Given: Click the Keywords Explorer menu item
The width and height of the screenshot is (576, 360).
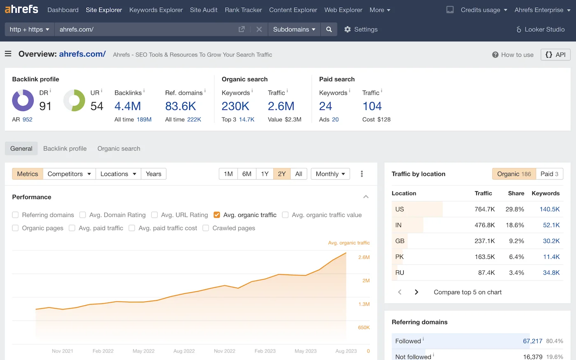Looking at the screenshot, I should (x=156, y=10).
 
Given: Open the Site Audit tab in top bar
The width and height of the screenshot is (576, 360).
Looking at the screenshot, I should (x=204, y=10).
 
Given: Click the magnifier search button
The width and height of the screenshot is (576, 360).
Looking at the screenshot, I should (x=329, y=29).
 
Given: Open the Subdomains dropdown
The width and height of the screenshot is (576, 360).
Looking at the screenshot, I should (x=294, y=29).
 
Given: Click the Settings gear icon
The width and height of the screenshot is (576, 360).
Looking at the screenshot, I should (x=348, y=29).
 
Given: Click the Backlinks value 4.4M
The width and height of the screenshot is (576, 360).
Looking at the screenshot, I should (x=128, y=106).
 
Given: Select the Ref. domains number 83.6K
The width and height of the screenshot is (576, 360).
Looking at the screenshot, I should (x=180, y=106).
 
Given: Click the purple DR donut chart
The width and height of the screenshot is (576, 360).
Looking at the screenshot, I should (x=23, y=101).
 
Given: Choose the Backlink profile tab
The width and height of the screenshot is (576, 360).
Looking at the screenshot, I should (x=65, y=149).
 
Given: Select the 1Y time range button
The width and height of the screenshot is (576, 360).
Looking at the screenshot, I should (x=265, y=174).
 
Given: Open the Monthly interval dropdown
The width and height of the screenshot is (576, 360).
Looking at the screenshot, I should (x=330, y=174).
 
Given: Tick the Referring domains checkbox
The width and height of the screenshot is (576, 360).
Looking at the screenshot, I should (x=15, y=215).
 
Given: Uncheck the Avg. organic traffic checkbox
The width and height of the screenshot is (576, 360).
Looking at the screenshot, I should (x=217, y=215).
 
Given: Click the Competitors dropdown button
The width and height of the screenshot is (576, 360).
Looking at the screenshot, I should (x=69, y=174).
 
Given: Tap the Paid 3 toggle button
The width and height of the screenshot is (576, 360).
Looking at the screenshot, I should (x=549, y=174).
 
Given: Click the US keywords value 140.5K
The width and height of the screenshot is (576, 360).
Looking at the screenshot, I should (x=549, y=209).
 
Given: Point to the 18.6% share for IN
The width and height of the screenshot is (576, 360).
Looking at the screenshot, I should (x=515, y=225).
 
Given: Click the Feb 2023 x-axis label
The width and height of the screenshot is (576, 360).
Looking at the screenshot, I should (x=265, y=351).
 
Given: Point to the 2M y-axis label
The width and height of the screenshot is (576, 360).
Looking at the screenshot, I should (x=366, y=281).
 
